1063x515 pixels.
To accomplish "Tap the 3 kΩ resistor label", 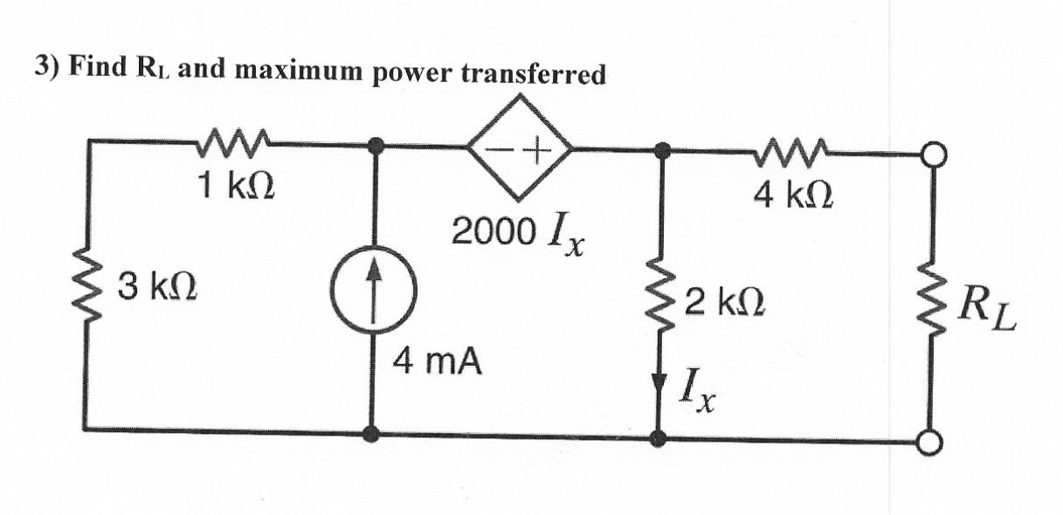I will click(x=158, y=286).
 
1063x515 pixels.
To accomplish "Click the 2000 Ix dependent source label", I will click(x=519, y=233).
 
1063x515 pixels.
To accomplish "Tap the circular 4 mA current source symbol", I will click(x=374, y=288).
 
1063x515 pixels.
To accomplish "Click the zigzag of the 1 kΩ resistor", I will click(x=235, y=140).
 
